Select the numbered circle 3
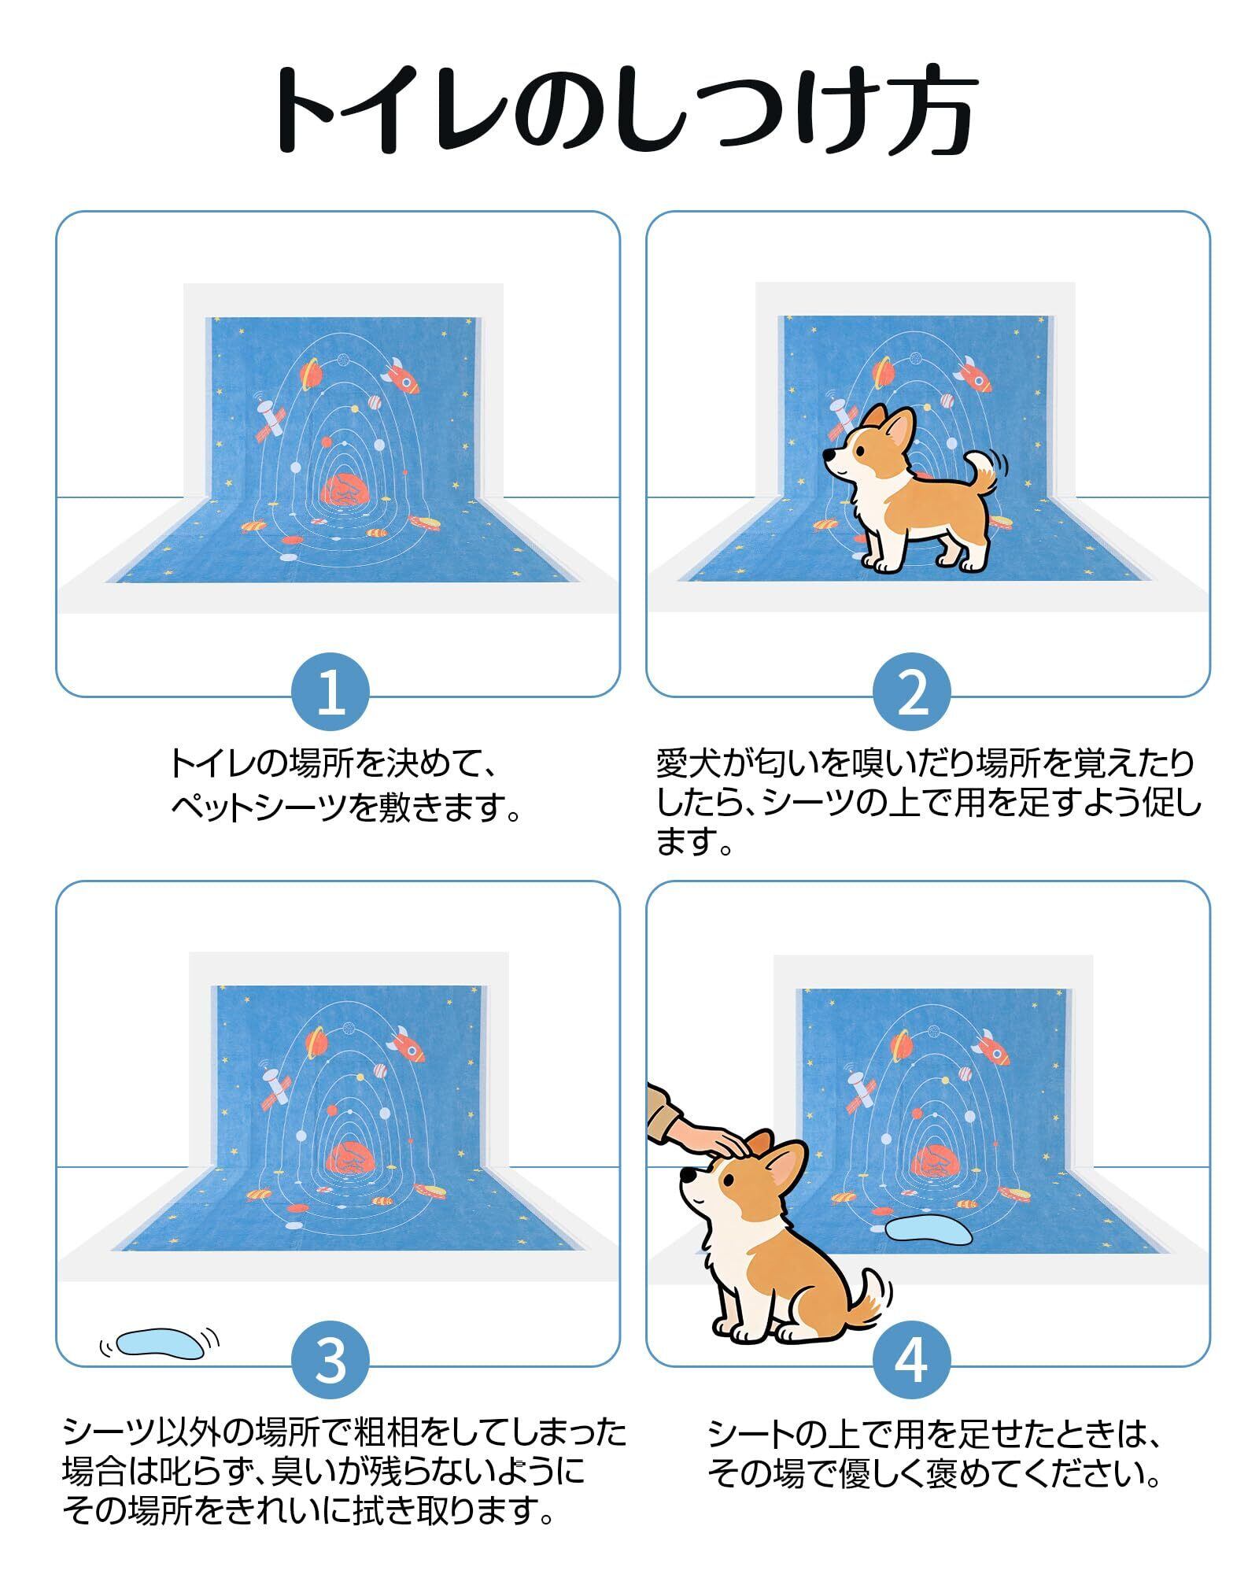point(330,1363)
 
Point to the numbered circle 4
point(911,1363)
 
